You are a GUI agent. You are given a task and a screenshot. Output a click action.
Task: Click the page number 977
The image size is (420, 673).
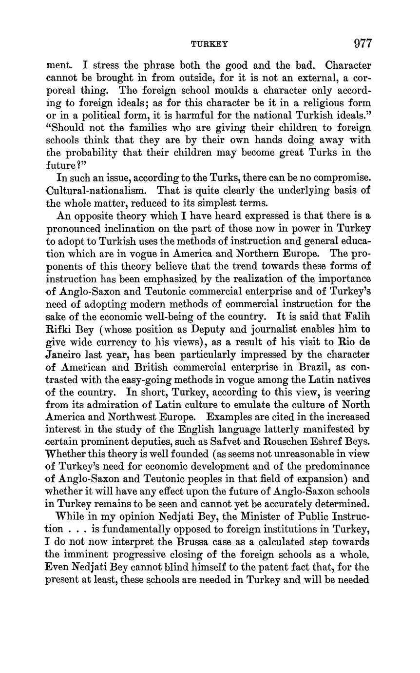pos(363,43)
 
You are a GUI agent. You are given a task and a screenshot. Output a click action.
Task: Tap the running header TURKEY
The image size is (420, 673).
pos(210,44)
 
